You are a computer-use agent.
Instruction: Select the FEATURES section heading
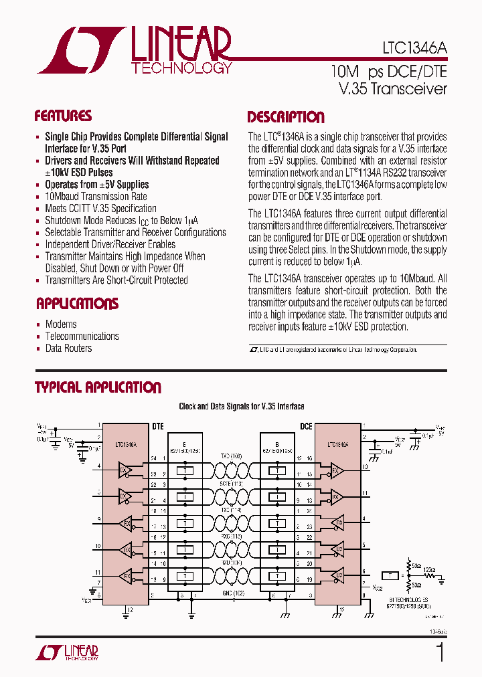pos(63,116)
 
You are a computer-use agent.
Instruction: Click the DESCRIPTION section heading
pos(286,118)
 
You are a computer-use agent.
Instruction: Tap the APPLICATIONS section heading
pos(76,304)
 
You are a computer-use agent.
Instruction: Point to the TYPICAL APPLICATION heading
pos(98,387)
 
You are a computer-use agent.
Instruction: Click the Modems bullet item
pos(61,324)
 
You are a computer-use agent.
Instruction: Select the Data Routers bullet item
pos(68,349)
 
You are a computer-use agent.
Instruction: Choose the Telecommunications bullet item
pos(82,336)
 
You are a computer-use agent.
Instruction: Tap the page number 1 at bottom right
pos(440,652)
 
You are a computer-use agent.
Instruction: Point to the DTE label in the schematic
pos(158,425)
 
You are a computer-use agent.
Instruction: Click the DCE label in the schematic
pos(306,425)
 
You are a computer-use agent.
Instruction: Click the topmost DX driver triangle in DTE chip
pos(125,471)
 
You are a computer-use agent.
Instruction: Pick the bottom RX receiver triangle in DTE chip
pos(125,575)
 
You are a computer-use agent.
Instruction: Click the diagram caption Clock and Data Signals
pos(241,406)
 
